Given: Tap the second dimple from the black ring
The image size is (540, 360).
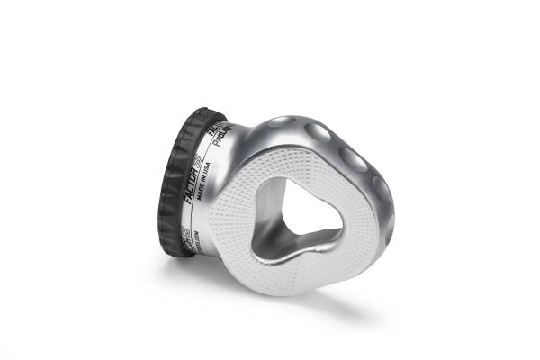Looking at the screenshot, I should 317,133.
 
